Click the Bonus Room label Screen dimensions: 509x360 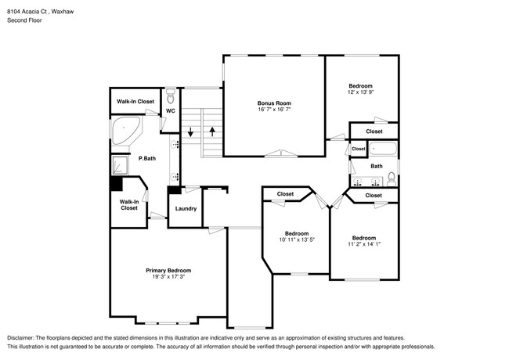click(274, 103)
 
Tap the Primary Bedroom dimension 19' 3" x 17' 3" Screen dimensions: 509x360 click(168, 276)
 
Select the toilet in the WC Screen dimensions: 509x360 click(171, 96)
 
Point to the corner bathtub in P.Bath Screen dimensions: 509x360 click(125, 131)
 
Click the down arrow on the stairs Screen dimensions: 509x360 click(190, 131)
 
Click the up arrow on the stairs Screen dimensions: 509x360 click(212, 131)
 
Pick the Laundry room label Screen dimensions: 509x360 click(186, 208)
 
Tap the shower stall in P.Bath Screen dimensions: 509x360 click(120, 165)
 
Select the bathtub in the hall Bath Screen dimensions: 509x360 click(383, 149)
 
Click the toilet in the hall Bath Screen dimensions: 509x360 click(392, 179)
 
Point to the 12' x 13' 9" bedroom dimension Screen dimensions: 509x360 click(361, 92)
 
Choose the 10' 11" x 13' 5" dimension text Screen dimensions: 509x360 click(297, 239)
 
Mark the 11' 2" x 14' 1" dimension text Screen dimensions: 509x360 click(364, 244)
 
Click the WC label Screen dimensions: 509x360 click(171, 110)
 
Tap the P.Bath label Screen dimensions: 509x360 click(147, 158)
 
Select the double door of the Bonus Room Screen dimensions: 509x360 click(281, 153)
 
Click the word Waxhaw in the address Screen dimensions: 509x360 click(63, 12)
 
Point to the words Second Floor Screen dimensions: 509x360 click(25, 20)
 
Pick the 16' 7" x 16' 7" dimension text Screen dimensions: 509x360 click(274, 110)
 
